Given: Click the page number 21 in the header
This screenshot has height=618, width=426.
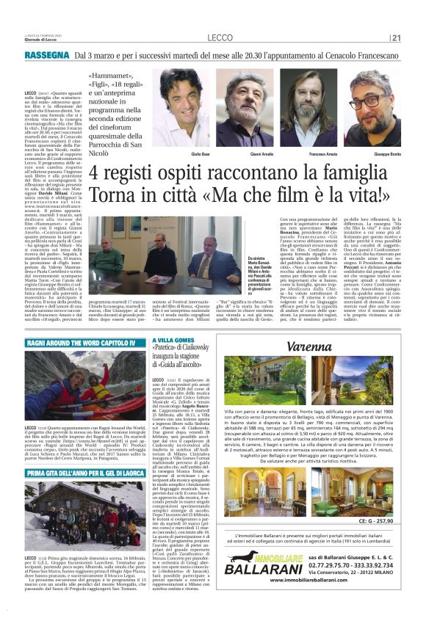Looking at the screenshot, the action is (x=397, y=38).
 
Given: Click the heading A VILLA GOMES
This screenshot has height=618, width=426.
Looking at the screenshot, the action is (x=173, y=341).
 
